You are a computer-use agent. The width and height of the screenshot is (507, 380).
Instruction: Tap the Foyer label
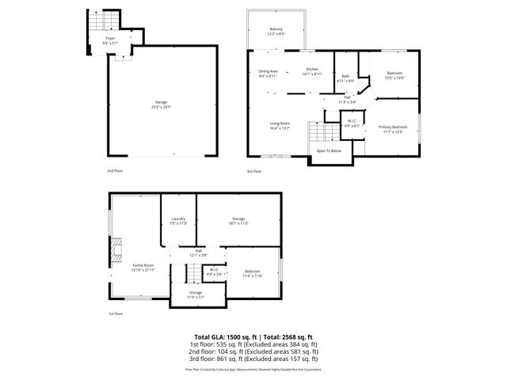110,37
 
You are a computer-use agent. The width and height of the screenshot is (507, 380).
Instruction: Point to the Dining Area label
268,72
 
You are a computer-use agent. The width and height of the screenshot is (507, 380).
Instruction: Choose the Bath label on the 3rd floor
345,76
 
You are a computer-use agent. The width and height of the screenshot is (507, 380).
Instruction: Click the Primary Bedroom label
393,127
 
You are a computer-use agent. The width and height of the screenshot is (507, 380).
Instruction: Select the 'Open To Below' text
329,150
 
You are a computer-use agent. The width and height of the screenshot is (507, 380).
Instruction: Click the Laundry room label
177,221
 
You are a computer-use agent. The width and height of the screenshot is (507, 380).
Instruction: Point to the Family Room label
143,265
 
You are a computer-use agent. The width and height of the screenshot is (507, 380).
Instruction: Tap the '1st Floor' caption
116,313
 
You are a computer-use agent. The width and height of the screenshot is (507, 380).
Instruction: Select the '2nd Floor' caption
116,170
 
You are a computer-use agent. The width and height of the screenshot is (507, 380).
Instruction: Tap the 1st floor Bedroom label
252,272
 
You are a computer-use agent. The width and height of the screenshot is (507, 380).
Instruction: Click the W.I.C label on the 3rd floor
352,122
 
